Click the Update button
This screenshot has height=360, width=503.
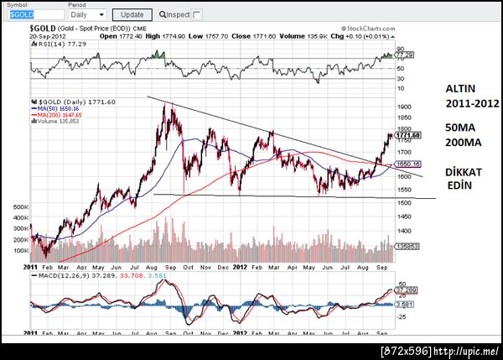point(132,15)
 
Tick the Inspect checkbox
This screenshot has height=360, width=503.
point(197,15)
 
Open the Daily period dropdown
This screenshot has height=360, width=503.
point(86,15)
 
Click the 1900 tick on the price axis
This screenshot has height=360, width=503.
point(406,107)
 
